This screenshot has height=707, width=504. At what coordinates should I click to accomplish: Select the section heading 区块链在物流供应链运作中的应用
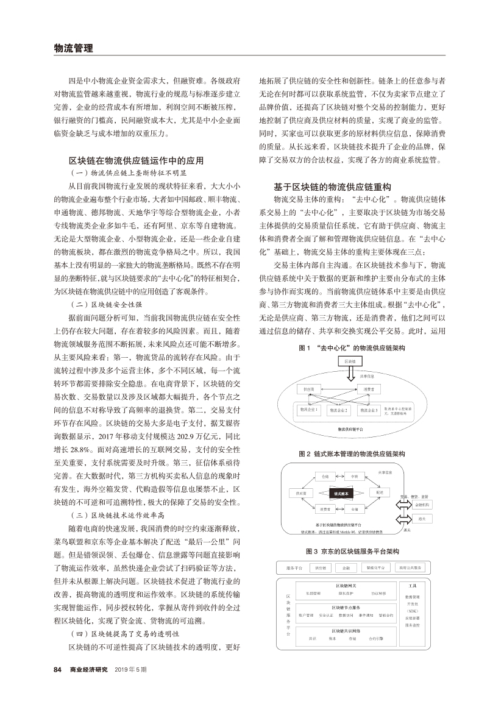[x=136, y=161]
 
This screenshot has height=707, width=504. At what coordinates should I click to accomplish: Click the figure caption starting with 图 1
[x=352, y=347]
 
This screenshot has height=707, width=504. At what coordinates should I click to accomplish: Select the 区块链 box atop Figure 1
[x=350, y=361]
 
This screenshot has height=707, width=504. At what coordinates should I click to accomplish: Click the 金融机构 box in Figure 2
[x=422, y=505]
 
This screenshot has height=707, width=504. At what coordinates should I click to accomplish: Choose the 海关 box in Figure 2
[x=422, y=519]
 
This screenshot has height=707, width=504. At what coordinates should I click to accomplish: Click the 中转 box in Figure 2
[x=355, y=477]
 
